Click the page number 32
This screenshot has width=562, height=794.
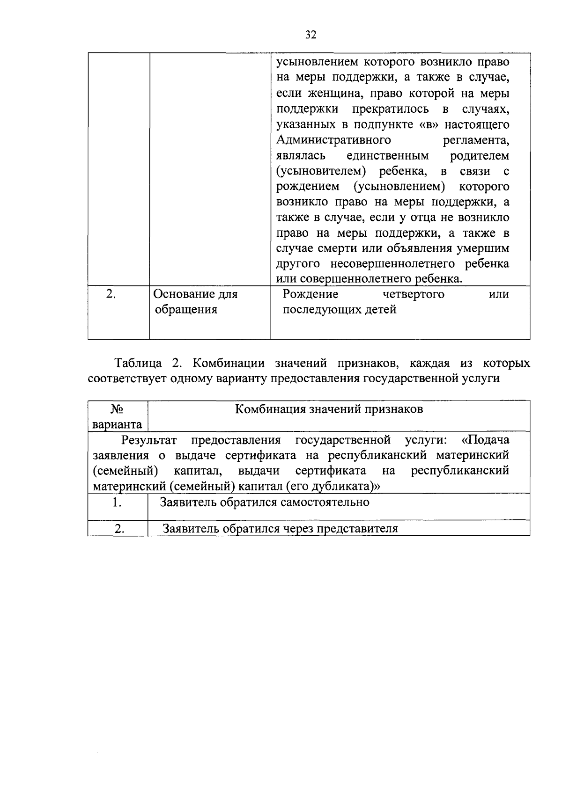tap(311, 35)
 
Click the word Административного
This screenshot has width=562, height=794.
tap(333, 140)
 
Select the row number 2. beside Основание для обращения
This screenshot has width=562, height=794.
tap(111, 294)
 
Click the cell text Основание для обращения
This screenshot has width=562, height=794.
tap(195, 302)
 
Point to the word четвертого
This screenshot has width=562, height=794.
tap(413, 294)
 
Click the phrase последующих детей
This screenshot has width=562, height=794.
tap(340, 310)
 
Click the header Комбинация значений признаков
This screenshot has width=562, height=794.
tap(329, 409)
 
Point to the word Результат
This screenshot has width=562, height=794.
tap(149, 440)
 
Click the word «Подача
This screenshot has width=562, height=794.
tap(485, 440)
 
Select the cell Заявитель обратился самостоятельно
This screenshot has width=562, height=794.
tap(265, 503)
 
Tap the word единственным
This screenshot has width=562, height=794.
tap(387, 156)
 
